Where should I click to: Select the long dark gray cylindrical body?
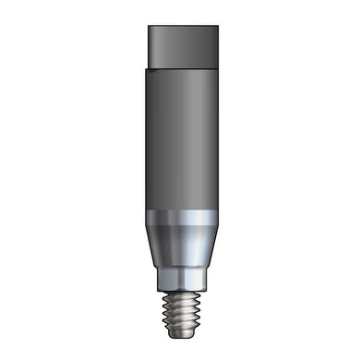click(180, 138)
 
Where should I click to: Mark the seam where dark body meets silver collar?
click(180, 212)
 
